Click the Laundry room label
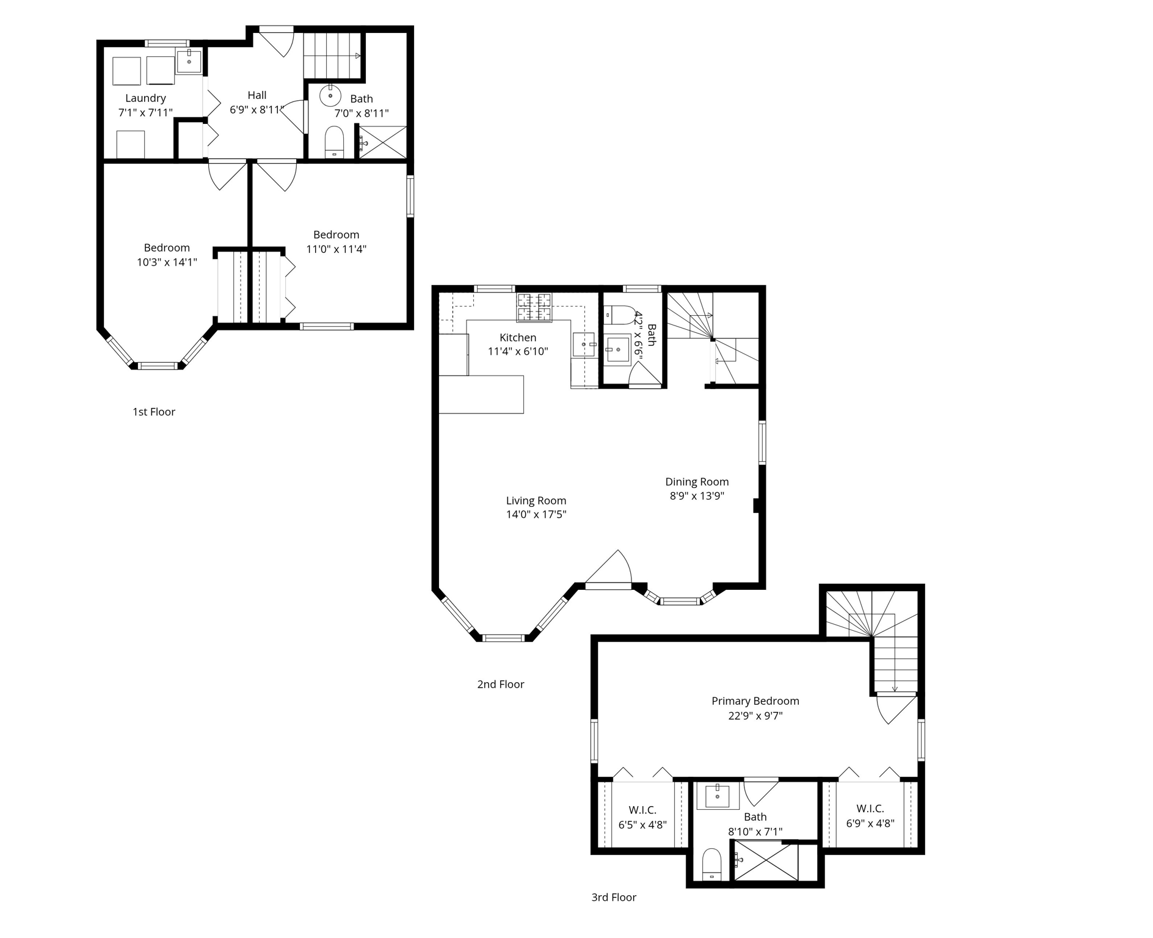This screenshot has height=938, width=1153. pos(145,98)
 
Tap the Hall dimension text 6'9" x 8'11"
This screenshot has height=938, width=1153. pos(257,110)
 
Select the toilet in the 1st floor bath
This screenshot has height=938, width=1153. pos(334,141)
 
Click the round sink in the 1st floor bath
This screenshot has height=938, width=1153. pos(330,96)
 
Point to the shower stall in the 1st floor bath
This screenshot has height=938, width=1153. pos(382,142)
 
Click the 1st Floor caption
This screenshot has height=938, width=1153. pos(154,412)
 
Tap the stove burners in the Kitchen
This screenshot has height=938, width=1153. pos(534,307)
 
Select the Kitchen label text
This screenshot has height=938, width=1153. pos(518,338)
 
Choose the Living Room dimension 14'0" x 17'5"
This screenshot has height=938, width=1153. pos(536,514)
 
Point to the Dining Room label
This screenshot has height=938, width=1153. pos(697,482)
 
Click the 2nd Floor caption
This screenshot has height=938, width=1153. pos(501,685)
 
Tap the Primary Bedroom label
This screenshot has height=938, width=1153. pos(755,701)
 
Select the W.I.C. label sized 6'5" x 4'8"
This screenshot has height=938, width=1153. pos(642,810)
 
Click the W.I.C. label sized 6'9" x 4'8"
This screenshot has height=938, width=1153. pos(870,809)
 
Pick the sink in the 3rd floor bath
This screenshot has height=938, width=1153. pos(717,796)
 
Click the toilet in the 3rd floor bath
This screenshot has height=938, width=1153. pos(711,864)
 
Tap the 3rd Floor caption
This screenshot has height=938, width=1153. pos(614,897)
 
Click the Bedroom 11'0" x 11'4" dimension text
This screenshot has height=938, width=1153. pos(336,249)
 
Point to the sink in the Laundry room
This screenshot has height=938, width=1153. pos(189,62)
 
